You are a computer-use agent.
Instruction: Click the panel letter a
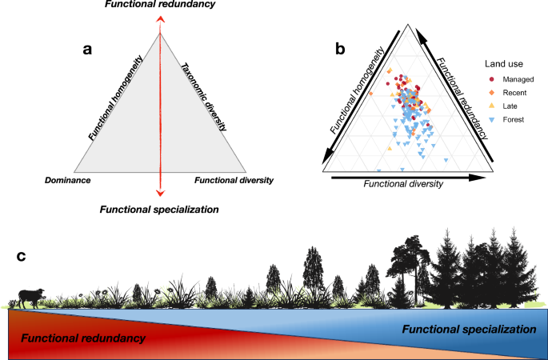tap(89, 50)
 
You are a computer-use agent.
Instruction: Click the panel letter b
tap(340, 50)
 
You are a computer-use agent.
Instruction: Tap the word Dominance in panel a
tap(66, 181)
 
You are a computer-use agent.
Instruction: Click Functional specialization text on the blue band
tap(468, 329)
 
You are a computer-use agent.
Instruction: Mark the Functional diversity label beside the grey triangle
tap(233, 181)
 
